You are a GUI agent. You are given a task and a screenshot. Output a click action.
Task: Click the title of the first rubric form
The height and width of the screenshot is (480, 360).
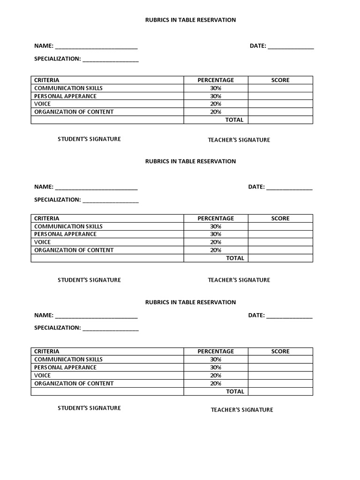tap(190, 20)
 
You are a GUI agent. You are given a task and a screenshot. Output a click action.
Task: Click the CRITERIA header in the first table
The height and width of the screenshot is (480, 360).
tap(47, 80)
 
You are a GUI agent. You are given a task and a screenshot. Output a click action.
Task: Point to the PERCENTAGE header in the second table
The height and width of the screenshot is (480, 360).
tap(216, 218)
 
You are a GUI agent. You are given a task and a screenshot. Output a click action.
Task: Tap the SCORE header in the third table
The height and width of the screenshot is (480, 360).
tap(280, 352)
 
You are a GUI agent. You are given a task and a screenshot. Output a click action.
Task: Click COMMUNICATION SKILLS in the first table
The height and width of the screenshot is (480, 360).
tap(68, 88)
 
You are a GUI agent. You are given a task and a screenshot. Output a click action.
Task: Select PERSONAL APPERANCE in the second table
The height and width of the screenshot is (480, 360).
tap(65, 234)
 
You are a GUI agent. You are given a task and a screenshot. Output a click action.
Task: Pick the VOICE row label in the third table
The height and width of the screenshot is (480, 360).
tap(43, 375)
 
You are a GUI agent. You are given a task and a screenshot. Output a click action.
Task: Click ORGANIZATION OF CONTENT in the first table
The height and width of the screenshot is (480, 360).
tap(74, 112)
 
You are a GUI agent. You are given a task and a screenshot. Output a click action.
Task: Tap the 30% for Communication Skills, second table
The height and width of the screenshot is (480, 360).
tap(216, 226)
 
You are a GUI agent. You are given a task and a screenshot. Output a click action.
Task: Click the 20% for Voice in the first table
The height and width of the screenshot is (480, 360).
tap(216, 104)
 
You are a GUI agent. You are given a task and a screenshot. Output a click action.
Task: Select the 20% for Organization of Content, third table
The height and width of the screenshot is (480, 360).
tap(216, 383)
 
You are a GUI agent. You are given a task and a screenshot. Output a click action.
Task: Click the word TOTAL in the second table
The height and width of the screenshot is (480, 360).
tap(235, 258)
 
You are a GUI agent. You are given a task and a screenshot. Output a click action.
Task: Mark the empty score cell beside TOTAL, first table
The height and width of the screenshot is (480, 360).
tap(280, 120)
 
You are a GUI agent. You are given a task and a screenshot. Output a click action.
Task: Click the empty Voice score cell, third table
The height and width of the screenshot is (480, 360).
tap(280, 375)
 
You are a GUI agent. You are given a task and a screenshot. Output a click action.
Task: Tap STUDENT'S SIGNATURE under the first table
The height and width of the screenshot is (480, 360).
tap(89, 139)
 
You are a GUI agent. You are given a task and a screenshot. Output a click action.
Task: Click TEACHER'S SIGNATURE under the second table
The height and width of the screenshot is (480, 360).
tap(239, 280)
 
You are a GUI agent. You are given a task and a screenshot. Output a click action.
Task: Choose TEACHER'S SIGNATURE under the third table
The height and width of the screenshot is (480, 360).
tap(242, 410)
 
